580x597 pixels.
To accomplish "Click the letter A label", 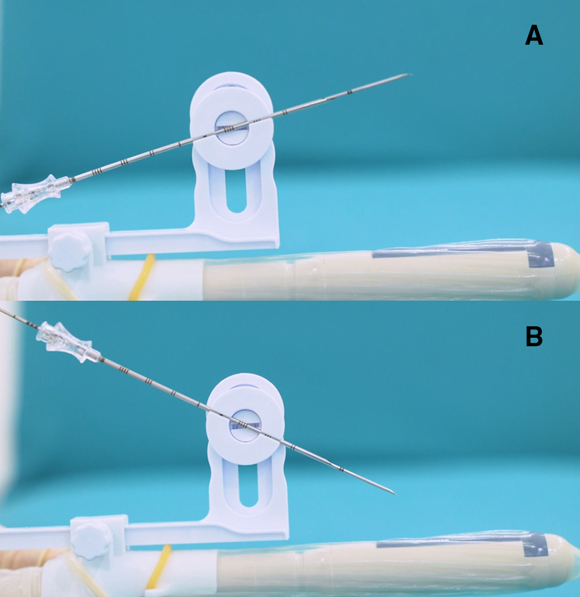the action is [x=533, y=35].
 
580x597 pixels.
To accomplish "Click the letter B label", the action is [x=533, y=336].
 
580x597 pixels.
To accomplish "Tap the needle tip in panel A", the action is [x=411, y=74].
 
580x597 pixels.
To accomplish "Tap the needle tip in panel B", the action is [x=395, y=494].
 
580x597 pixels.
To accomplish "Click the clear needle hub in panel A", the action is [x=34, y=193].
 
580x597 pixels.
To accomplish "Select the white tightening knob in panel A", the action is [x=69, y=251].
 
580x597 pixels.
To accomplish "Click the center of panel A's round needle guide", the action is [x=232, y=127].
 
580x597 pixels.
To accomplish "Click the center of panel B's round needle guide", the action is [x=245, y=425].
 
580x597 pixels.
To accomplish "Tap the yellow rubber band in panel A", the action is [x=141, y=277].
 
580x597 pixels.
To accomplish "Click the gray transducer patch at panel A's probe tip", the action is [x=540, y=254].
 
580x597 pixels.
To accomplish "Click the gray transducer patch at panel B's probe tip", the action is [x=536, y=545].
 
